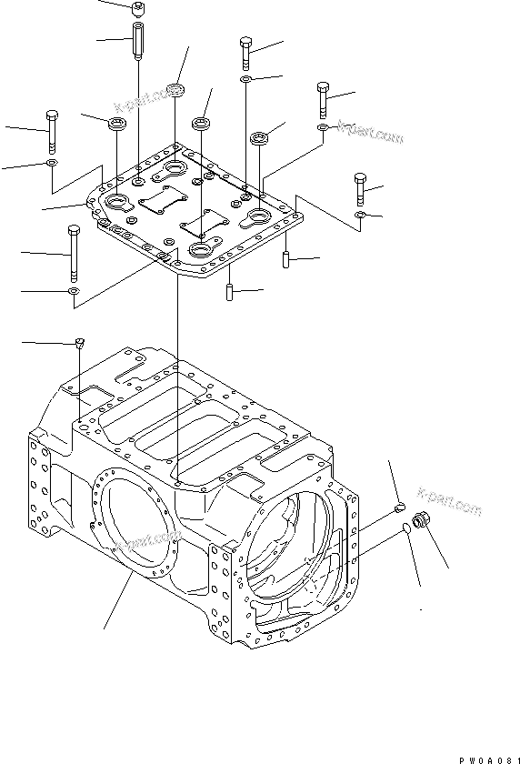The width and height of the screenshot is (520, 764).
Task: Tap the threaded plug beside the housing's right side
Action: coord(421,521)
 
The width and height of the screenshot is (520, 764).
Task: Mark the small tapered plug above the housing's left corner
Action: coord(80,343)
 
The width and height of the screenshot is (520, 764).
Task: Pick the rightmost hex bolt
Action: coord(361,187)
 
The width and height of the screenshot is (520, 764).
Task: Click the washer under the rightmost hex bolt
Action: coord(361,215)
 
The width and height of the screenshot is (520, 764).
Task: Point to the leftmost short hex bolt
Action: coord(51,130)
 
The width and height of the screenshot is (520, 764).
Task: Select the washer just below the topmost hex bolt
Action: coord(246,80)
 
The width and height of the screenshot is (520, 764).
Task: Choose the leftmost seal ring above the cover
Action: coord(117,124)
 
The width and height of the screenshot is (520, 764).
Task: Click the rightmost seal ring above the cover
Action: coord(262,139)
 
